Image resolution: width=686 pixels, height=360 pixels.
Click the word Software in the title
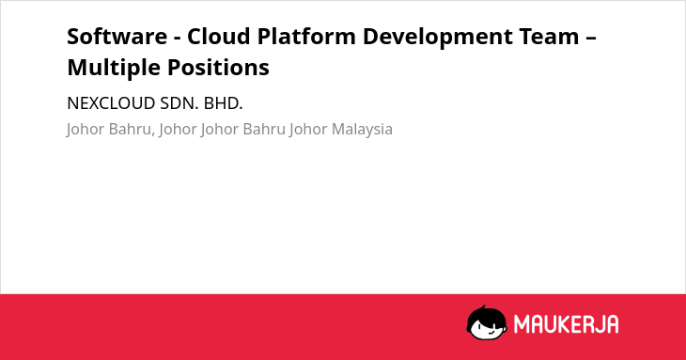(117, 36)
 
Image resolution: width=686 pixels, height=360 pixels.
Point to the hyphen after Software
(178, 38)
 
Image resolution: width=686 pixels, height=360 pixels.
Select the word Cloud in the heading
(219, 36)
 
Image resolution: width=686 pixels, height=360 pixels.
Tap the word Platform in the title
(306, 36)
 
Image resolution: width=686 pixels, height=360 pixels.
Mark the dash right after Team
(591, 38)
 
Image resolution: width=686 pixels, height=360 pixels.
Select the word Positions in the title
(218, 68)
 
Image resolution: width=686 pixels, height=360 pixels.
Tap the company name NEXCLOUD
(111, 103)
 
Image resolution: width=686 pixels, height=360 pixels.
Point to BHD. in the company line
(223, 103)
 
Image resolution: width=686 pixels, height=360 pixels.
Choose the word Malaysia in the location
(362, 130)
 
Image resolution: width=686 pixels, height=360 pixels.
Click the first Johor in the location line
(86, 130)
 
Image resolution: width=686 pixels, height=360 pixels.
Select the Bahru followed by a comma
(132, 130)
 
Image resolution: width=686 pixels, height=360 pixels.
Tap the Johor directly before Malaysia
(308, 130)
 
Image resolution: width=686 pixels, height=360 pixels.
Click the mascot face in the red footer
(487, 322)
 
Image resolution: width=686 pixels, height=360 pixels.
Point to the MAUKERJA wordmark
(566, 324)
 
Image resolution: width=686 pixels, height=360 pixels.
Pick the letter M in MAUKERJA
(521, 324)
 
